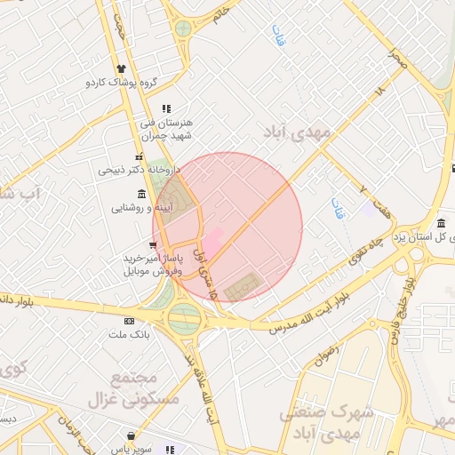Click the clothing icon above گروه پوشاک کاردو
click(121, 68)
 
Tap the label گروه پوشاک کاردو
click(121, 83)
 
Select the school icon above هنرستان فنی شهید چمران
click(166, 108)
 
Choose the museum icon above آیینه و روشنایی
click(142, 195)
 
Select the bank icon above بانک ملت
click(130, 320)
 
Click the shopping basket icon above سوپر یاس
click(132, 436)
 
